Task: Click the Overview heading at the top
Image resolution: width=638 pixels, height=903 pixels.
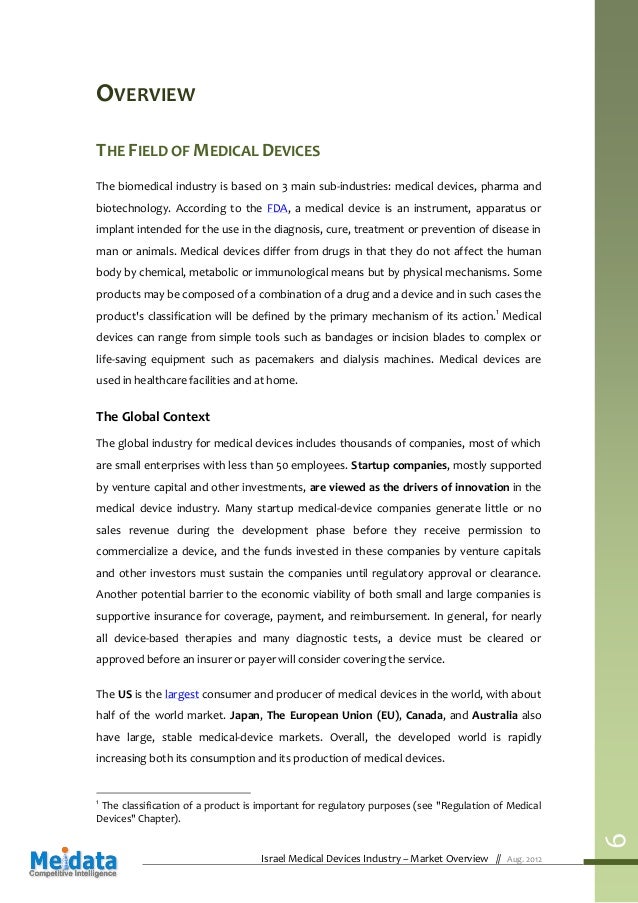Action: pyautogui.click(x=144, y=96)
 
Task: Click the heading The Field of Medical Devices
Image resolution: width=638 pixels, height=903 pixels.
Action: pyautogui.click(x=207, y=151)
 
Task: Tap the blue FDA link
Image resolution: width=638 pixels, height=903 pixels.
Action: pyautogui.click(x=278, y=208)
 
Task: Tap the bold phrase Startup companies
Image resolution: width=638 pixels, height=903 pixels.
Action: pyautogui.click(x=398, y=465)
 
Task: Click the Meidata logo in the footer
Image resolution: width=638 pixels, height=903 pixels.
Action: pyautogui.click(x=72, y=861)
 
